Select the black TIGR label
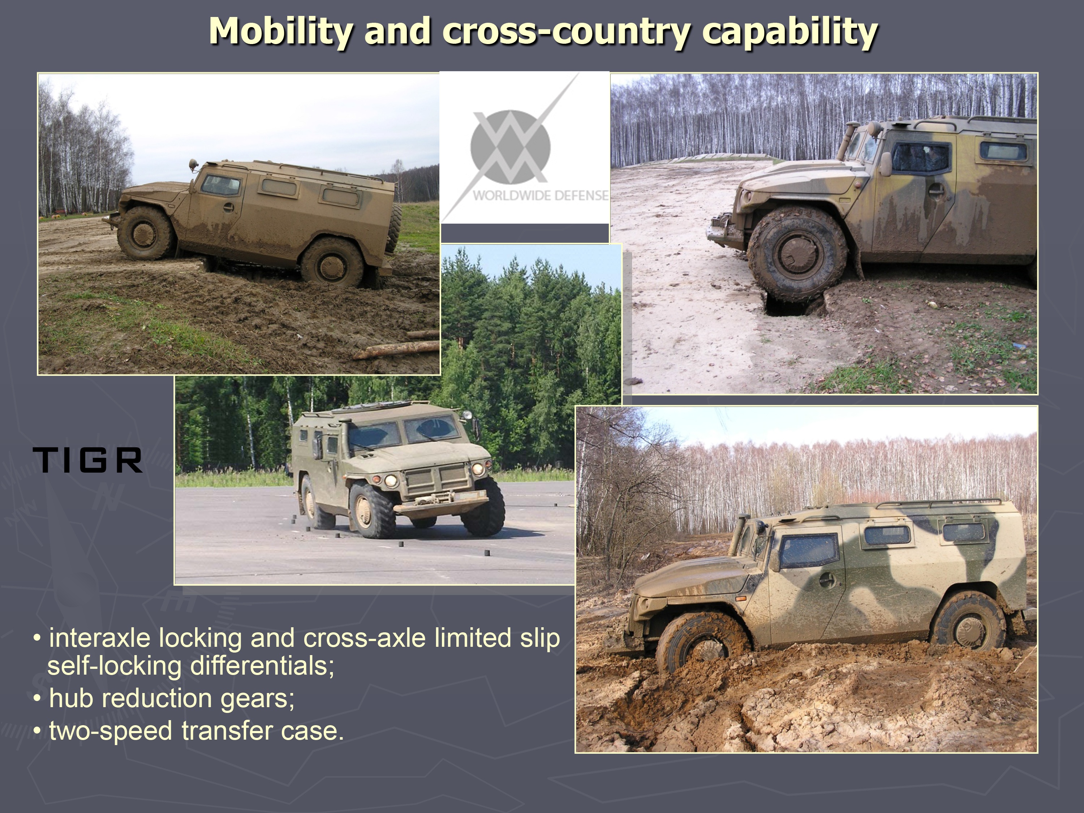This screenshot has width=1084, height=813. [88, 460]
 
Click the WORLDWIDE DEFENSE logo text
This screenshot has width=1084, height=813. [541, 195]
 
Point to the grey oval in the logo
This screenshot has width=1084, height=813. [510, 147]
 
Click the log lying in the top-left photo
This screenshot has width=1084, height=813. [396, 350]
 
